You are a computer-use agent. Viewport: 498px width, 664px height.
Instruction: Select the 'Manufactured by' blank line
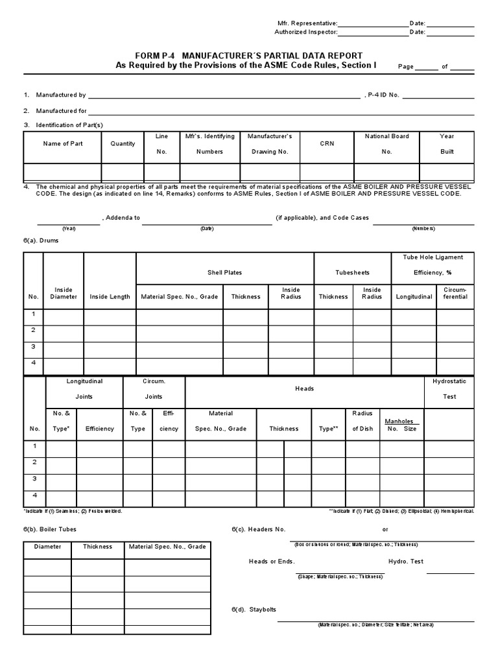[224, 97]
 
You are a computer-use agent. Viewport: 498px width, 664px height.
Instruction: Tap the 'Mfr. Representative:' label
[305, 23]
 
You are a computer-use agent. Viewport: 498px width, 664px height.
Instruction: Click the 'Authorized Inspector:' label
[305, 32]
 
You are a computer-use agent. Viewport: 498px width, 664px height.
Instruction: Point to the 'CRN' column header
[327, 144]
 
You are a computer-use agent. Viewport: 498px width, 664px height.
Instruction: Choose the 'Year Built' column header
[447, 144]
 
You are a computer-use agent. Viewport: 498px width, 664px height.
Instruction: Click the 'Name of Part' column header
[62, 144]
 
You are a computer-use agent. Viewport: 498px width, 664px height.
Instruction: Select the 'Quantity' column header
[123, 144]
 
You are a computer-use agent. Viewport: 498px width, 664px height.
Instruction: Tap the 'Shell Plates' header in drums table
[224, 273]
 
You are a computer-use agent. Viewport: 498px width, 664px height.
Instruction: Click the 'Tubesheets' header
[352, 273]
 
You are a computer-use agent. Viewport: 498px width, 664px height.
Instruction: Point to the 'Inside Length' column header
[110, 297]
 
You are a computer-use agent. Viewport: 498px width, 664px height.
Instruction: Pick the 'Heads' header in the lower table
[304, 388]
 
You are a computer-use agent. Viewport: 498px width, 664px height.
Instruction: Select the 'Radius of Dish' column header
[362, 421]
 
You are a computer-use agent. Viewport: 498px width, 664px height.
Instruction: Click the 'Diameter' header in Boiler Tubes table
[47, 547]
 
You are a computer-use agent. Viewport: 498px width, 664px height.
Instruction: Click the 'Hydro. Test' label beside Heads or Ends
[405, 562]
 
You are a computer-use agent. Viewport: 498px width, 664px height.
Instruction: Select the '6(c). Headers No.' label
[259, 529]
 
